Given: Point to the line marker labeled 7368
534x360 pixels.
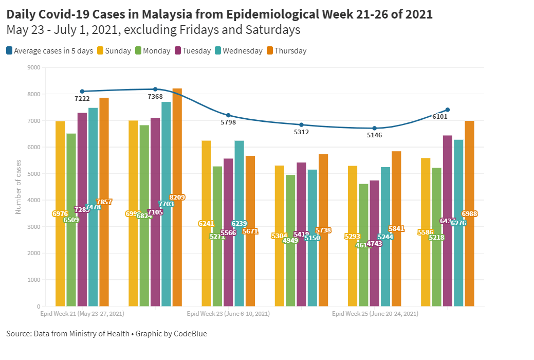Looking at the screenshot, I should pos(155,89).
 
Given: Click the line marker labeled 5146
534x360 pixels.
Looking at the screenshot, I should pos(375,128).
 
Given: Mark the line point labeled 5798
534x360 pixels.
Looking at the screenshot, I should pos(229,115).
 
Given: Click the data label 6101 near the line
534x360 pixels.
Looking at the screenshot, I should pos(439,117).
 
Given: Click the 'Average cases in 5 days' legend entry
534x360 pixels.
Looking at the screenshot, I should pos(49,51).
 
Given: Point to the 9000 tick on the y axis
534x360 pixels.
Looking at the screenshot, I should pos(33,67).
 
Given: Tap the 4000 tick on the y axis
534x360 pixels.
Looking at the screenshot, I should pos(33,200).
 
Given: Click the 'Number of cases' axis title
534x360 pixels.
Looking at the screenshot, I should pos(19,187).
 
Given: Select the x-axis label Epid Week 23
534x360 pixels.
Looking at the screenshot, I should pos(228,313).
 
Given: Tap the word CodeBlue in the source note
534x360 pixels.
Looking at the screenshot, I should pos(191,334).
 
